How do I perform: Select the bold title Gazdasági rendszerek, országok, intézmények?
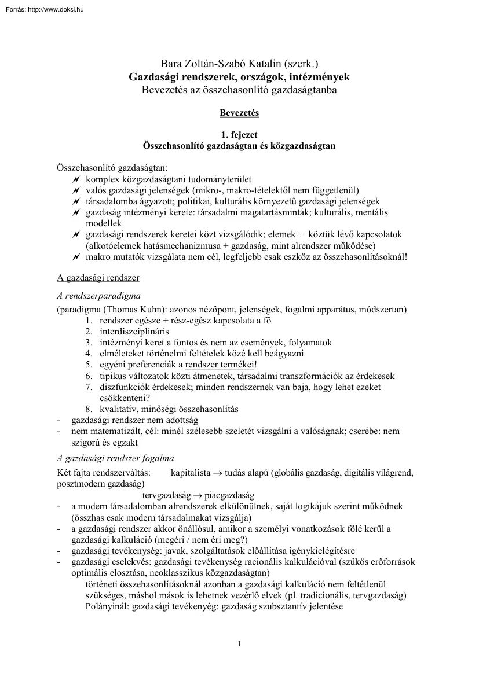coord(239,76)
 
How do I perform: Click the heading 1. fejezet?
coord(239,135)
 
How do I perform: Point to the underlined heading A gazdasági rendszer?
coord(98,277)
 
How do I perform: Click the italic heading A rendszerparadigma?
coord(94,295)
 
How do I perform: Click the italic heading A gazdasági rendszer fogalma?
coord(115,458)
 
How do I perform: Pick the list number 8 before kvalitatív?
coord(89,409)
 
